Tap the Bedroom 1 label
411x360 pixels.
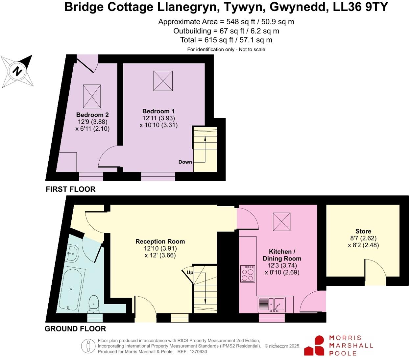point(158,111)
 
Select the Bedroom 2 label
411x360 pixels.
point(92,115)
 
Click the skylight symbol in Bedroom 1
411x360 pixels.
point(163,81)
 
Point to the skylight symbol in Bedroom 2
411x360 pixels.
point(92,96)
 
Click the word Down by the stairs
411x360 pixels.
point(185,162)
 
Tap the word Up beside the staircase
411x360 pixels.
point(190,273)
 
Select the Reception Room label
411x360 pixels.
point(160,241)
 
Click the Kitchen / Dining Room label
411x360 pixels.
point(282,255)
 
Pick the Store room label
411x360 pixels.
point(363,231)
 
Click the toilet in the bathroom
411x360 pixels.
point(94,304)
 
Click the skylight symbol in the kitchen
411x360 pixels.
point(282,221)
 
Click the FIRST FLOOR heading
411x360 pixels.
point(71,189)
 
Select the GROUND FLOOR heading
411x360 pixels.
point(75,329)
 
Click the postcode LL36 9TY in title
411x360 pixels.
point(361,7)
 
